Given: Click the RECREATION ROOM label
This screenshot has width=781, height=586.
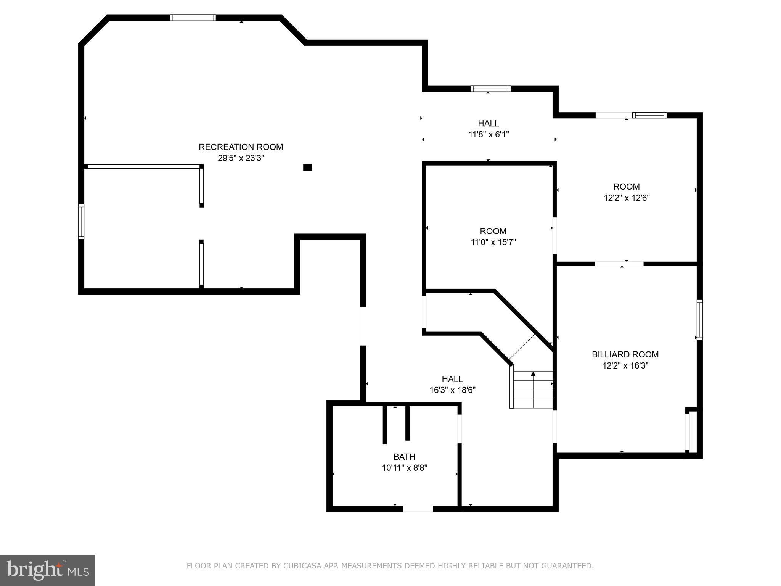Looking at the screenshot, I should pyautogui.click(x=241, y=147).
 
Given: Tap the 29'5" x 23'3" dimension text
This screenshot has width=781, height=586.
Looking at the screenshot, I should pyautogui.click(x=241, y=158).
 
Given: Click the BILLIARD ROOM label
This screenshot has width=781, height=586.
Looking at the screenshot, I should pyautogui.click(x=625, y=354).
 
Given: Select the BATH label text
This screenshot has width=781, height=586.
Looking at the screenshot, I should pyautogui.click(x=404, y=457).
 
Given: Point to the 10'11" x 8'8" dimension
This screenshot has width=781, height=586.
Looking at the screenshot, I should pyautogui.click(x=404, y=468).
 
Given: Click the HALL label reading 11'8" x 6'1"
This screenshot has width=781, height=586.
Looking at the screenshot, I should pyautogui.click(x=489, y=124).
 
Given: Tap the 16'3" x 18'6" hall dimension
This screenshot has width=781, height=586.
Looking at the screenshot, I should pyautogui.click(x=452, y=390).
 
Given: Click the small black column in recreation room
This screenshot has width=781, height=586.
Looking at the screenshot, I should pyautogui.click(x=307, y=167).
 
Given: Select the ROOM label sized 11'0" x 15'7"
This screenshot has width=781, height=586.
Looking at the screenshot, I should pyautogui.click(x=493, y=231).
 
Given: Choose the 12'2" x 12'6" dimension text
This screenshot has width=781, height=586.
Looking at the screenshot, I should pyautogui.click(x=626, y=198).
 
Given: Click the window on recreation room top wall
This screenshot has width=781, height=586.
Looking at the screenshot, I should pyautogui.click(x=193, y=18).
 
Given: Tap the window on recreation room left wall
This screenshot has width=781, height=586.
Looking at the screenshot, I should pyautogui.click(x=81, y=222).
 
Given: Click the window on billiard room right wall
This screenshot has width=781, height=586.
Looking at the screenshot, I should pyautogui.click(x=699, y=320).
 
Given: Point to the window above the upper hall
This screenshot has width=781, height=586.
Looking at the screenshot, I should pyautogui.click(x=490, y=89).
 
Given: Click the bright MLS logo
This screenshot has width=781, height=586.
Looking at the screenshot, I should pyautogui.click(x=47, y=570).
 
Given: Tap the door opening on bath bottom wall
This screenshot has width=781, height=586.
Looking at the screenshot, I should pyautogui.click(x=418, y=508).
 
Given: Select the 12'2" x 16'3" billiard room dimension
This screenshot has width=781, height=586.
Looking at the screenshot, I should pyautogui.click(x=625, y=365).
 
